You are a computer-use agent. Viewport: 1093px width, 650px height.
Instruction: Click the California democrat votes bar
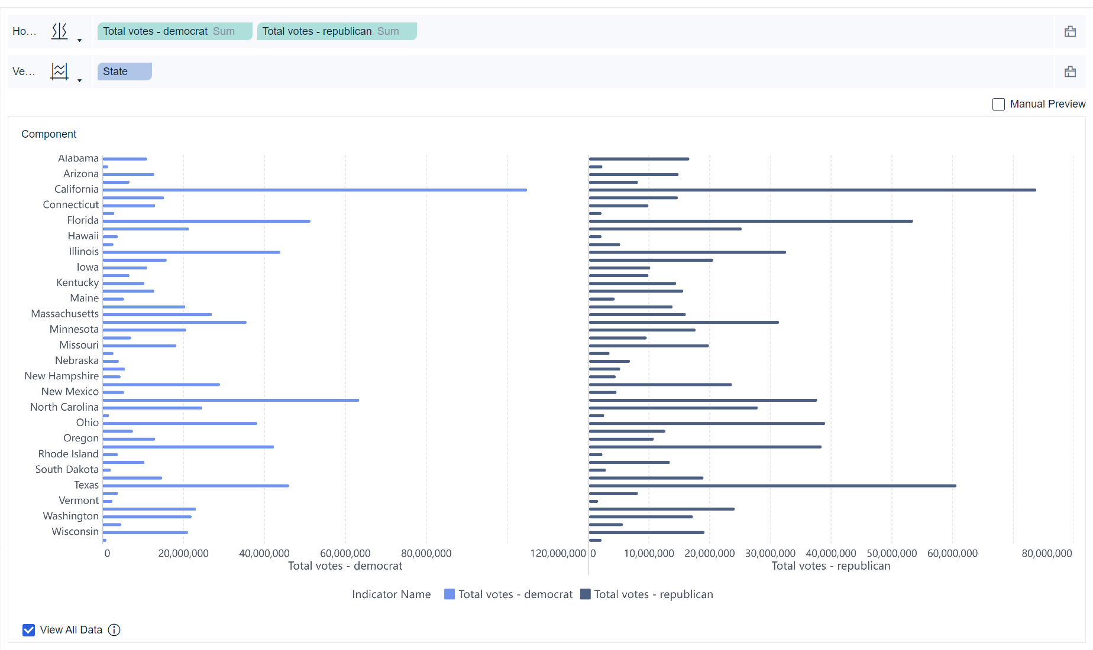[x=315, y=190]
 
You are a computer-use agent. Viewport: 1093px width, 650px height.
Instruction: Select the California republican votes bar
[x=812, y=190]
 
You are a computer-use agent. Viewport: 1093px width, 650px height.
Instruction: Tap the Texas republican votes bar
[x=772, y=486]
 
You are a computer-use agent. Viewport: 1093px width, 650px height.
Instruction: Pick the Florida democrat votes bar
[x=206, y=221]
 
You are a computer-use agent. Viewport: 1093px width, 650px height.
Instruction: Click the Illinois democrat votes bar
[x=191, y=252]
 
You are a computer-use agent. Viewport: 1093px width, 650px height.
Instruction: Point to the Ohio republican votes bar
[x=706, y=424]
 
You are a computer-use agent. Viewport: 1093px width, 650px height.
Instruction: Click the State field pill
[x=124, y=71]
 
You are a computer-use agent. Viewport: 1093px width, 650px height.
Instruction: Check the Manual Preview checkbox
[x=998, y=105]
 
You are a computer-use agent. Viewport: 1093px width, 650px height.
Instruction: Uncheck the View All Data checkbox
[x=29, y=630]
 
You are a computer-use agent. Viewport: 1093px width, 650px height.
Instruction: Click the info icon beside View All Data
[x=114, y=630]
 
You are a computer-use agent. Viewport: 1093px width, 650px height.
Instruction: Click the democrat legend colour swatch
[x=450, y=594]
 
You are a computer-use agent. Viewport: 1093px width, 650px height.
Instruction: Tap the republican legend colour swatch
[x=586, y=594]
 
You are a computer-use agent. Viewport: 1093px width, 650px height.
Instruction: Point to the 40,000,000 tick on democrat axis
[x=264, y=554]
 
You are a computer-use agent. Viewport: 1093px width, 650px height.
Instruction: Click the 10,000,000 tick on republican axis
[x=649, y=554]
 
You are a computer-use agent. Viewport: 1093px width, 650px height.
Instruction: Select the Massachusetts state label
[x=65, y=314]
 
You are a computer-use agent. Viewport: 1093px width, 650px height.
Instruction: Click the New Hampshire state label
[x=62, y=376]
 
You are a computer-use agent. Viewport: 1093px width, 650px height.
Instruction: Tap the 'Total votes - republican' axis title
[x=830, y=566]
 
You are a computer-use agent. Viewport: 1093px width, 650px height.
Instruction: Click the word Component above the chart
[x=49, y=134]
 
